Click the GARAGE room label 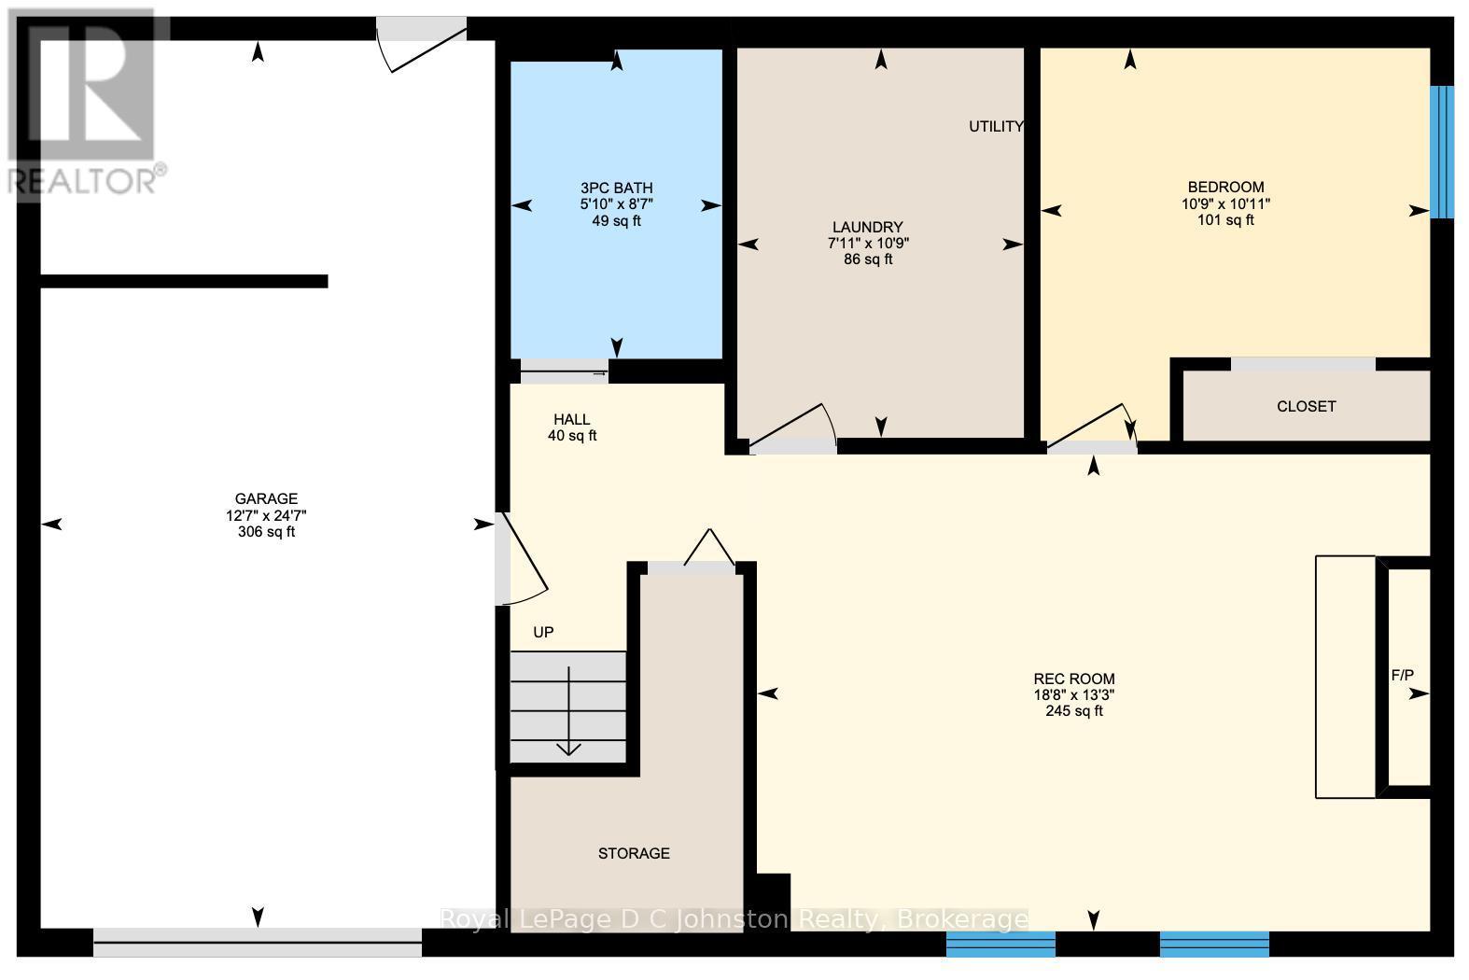(266, 499)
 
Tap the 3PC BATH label (610, 189)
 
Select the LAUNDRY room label (868, 227)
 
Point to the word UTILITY (996, 127)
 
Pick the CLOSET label (1306, 406)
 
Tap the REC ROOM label (1074, 679)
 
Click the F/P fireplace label (1403, 675)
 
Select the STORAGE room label (634, 853)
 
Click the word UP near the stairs (543, 633)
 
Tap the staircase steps (568, 707)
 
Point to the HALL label (571, 420)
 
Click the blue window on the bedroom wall (1442, 152)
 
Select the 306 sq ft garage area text (266, 532)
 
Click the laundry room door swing (793, 429)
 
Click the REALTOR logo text (86, 180)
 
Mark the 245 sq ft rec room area (1074, 711)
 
